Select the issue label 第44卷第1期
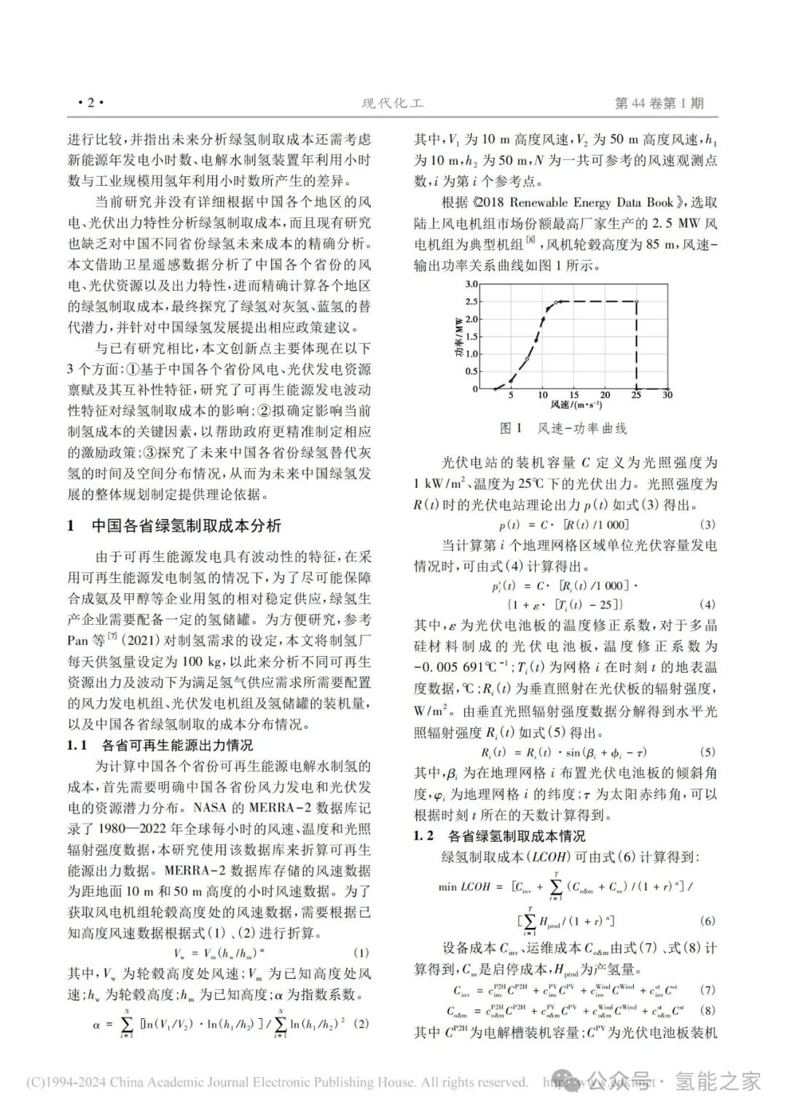click(x=659, y=104)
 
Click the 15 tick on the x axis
click(x=573, y=395)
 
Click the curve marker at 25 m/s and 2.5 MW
click(x=636, y=301)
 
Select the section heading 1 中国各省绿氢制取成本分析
click(x=175, y=526)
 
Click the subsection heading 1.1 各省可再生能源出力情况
click(x=160, y=745)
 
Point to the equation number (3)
click(x=707, y=525)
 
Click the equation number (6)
click(x=707, y=921)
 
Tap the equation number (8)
click(x=707, y=1011)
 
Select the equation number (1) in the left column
click(x=361, y=953)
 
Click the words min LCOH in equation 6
click(x=463, y=887)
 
